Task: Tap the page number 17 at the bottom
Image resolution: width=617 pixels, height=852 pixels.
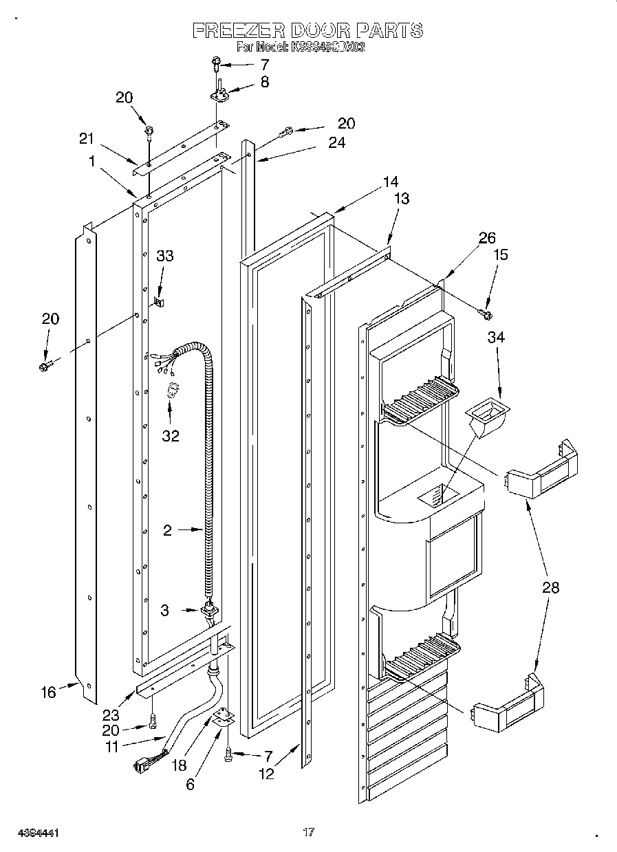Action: tap(309, 833)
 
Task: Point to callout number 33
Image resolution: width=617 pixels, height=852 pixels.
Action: tap(164, 256)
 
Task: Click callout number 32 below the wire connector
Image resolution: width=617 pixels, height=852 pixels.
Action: tap(170, 435)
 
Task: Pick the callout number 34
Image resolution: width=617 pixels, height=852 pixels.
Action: tap(497, 338)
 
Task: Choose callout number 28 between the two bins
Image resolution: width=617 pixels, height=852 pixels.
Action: tap(550, 587)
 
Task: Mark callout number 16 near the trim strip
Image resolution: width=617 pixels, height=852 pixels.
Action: tap(48, 692)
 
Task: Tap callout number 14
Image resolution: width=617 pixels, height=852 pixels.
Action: tap(390, 182)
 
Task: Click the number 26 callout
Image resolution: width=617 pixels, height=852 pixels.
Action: tap(487, 239)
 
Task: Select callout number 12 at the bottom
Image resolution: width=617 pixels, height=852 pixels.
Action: tap(266, 774)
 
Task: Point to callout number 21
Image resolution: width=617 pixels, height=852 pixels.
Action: tap(86, 138)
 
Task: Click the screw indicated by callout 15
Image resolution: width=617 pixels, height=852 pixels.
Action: tap(486, 314)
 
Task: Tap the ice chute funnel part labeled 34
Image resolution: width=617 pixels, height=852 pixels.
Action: tap(489, 417)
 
